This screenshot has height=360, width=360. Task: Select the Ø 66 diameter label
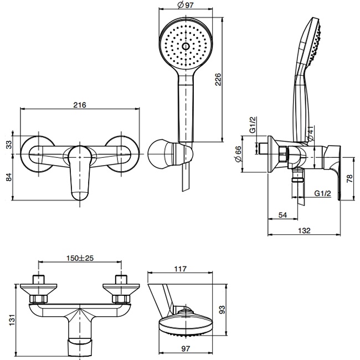coord(238,153)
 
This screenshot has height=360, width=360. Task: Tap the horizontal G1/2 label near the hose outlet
coord(322,193)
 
